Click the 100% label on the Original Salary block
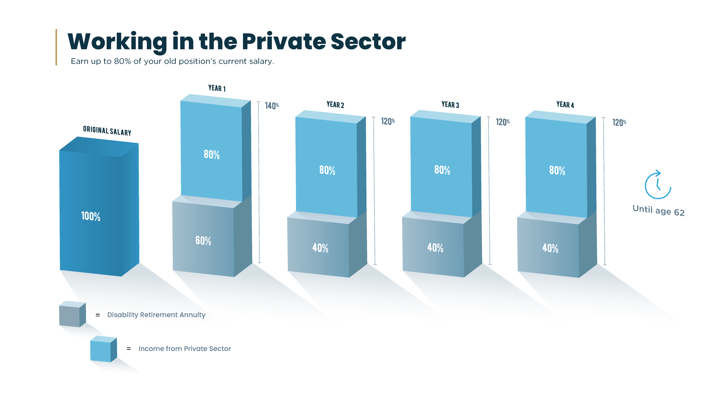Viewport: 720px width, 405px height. point(91,216)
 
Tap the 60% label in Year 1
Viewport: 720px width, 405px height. point(203,241)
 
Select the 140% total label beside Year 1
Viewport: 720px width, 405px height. point(272,106)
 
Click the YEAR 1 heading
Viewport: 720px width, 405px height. point(217,88)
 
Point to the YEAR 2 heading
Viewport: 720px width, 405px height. point(335,105)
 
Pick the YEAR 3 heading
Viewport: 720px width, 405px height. point(450,105)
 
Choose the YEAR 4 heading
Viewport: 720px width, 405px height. point(565,105)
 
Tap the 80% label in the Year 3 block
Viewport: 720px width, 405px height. point(442,170)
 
